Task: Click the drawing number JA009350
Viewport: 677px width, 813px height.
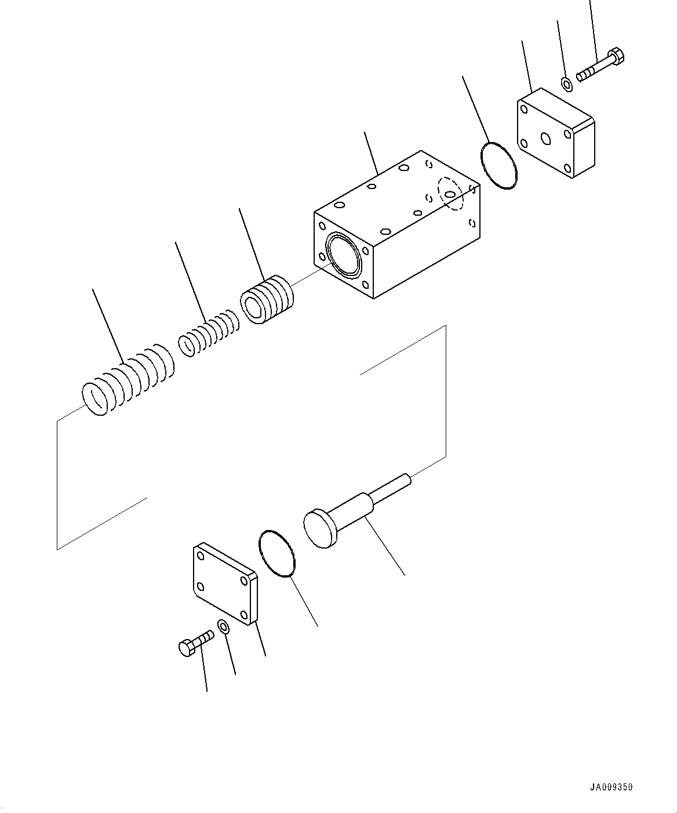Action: (612, 787)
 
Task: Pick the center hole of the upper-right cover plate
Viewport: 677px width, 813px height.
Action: (545, 138)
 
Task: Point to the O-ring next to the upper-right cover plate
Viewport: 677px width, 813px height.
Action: (498, 165)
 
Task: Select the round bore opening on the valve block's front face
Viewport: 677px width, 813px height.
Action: (344, 254)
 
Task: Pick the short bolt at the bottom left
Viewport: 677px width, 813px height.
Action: (195, 643)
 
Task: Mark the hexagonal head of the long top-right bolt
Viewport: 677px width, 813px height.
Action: (617, 57)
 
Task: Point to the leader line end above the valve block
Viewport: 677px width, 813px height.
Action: (365, 133)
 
